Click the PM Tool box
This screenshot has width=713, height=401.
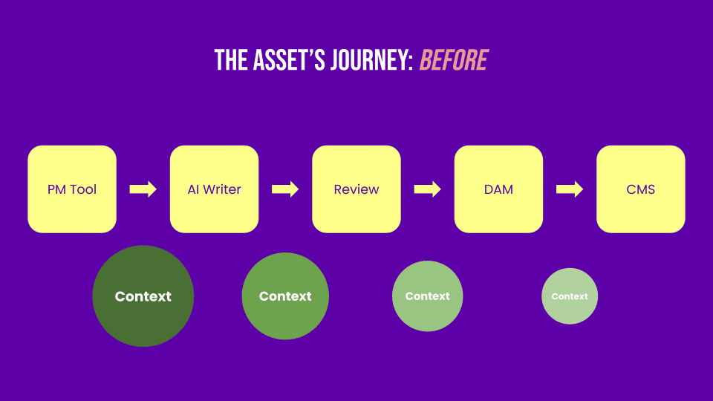pos(72,189)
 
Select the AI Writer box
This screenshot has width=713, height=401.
pos(214,189)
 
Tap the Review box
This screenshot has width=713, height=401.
pos(356,189)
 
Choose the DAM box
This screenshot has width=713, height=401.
pos(498,189)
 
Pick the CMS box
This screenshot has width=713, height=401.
pos(640,189)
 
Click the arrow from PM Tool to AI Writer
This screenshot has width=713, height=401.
pos(143,189)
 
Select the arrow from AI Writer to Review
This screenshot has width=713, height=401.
pos(285,189)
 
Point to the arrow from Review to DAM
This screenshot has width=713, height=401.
pos(428,189)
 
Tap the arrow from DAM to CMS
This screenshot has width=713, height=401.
pos(570,189)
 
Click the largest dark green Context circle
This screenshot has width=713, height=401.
pos(143,296)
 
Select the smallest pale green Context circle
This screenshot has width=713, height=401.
pos(570,296)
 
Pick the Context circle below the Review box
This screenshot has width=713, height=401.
pos(427,296)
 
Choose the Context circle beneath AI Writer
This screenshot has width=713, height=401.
pos(285,296)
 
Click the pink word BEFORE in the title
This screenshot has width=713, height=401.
pos(454,60)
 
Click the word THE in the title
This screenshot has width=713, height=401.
pos(231,60)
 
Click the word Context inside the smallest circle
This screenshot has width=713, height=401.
pos(570,296)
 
